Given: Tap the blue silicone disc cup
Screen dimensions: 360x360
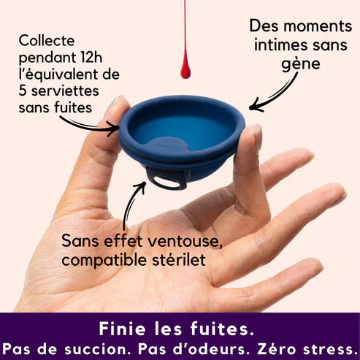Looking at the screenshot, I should pos(183,131).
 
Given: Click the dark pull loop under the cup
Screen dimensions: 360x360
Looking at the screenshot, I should pos(166,177).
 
